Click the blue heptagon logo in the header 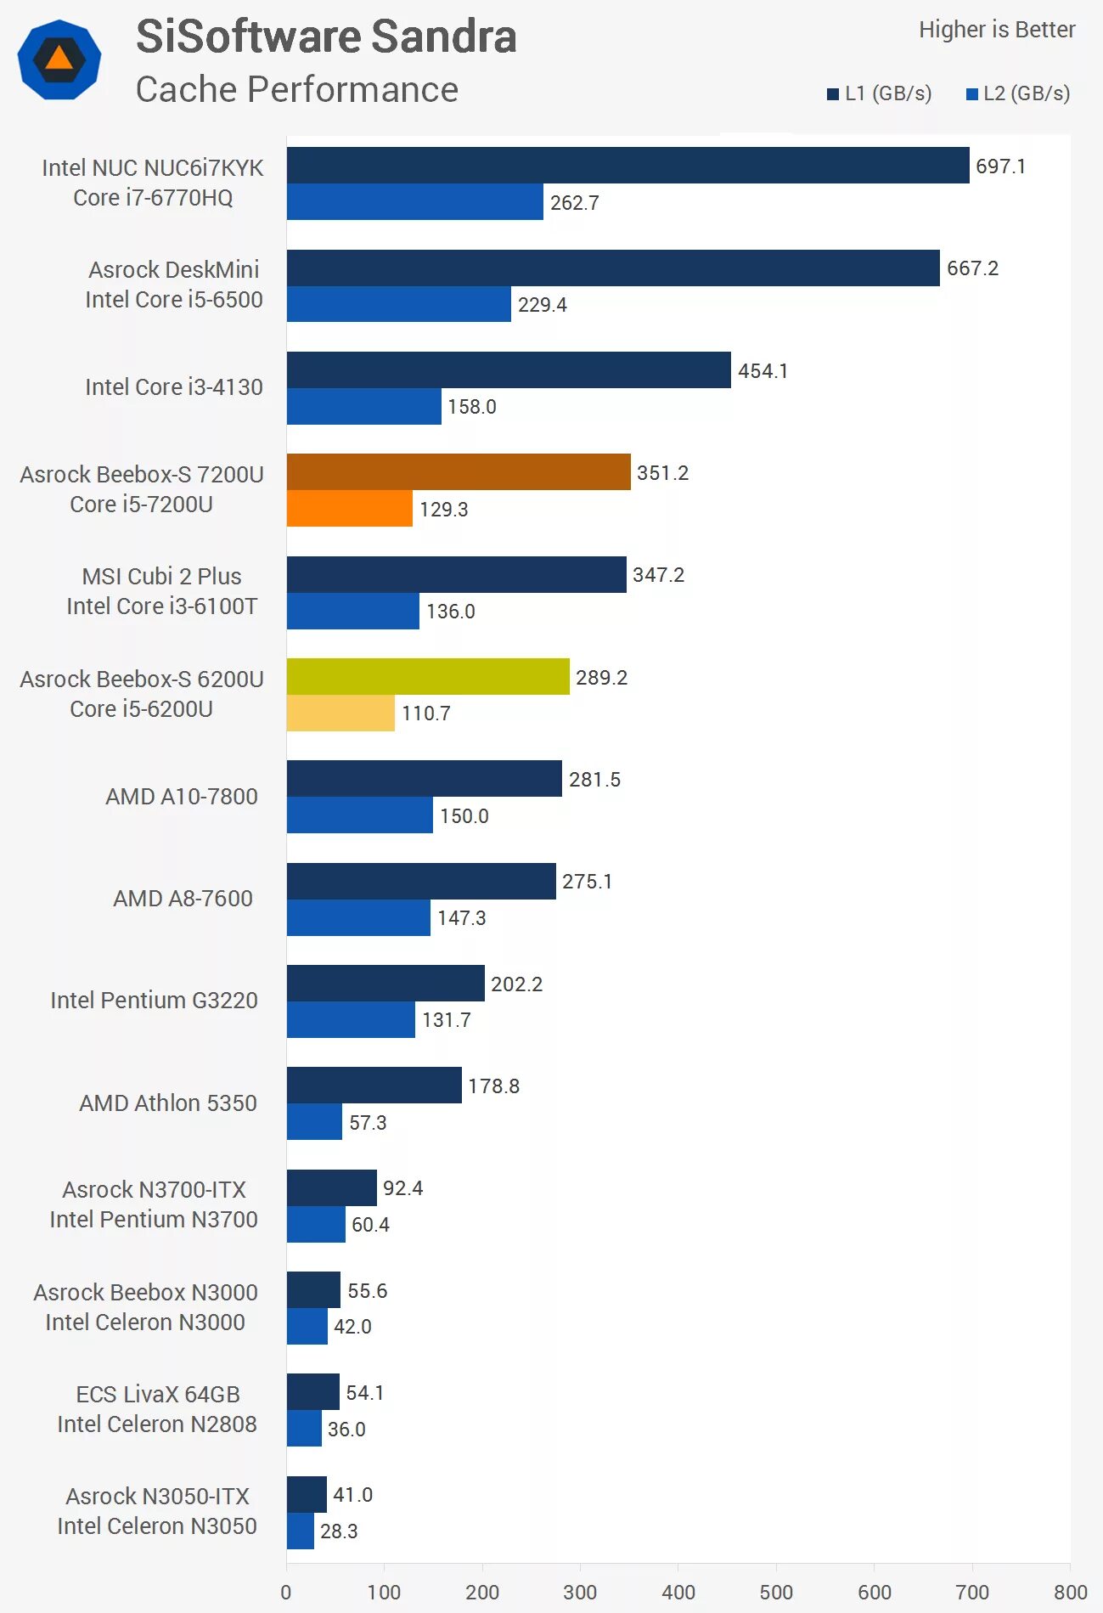pos(59,59)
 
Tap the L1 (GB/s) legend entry pos(880,93)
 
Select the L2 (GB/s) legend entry pos(1018,93)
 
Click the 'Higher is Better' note pos(996,30)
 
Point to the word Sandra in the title pos(443,37)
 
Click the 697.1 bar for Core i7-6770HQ pos(627,166)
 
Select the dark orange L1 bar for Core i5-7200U pos(459,472)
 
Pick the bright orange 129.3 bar pos(349,508)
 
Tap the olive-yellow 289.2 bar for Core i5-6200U pos(428,677)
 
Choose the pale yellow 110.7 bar pos(340,713)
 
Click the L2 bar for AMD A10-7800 pos(359,815)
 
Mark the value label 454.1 pos(763,371)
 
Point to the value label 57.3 pos(368,1123)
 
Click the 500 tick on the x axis pos(776,1592)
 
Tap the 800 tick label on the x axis pos(1070,1592)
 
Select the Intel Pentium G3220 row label pos(154,1001)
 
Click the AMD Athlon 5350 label pos(168,1103)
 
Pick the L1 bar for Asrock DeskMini pos(613,268)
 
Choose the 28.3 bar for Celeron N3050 pos(300,1531)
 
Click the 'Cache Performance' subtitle pos(296,90)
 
